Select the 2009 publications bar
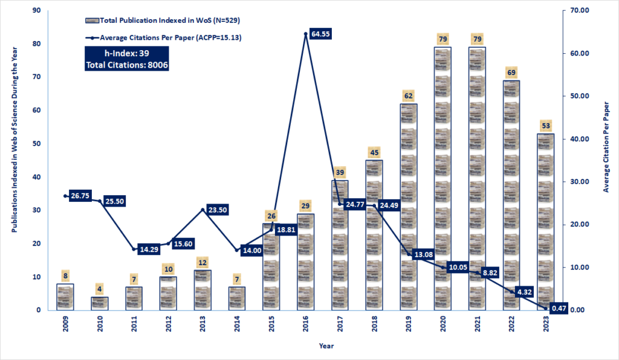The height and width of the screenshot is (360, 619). pyautogui.click(x=65, y=297)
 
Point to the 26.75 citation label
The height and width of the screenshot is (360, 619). pyautogui.click(x=83, y=196)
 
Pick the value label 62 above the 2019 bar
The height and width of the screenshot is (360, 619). pyautogui.click(x=408, y=95)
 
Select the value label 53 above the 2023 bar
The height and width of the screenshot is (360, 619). pyautogui.click(x=545, y=126)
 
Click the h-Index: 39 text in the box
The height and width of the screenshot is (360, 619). pyautogui.click(x=127, y=54)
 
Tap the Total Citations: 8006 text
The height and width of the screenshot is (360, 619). pyautogui.click(x=127, y=64)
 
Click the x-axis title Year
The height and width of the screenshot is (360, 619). pyautogui.click(x=326, y=347)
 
